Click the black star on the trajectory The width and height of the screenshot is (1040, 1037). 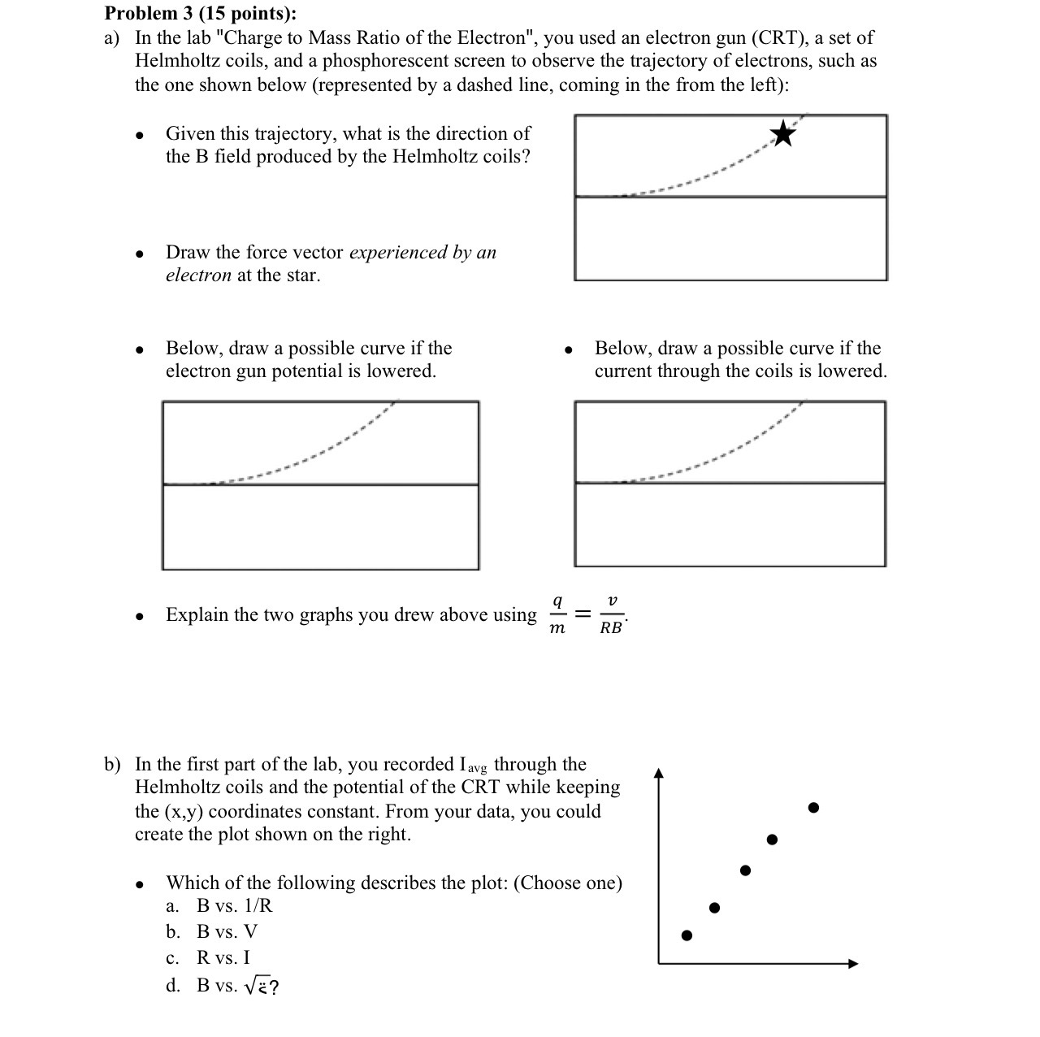click(783, 133)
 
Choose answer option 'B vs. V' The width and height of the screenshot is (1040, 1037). click(227, 932)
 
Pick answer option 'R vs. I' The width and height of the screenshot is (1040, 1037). click(223, 958)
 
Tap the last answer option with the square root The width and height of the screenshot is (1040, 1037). click(238, 987)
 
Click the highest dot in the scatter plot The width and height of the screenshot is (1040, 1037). click(813, 808)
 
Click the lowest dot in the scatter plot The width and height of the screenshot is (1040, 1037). click(687, 935)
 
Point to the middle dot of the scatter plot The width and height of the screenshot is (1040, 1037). click(746, 870)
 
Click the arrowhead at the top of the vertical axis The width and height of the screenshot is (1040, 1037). click(659, 774)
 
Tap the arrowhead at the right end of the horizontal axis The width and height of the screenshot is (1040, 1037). click(853, 964)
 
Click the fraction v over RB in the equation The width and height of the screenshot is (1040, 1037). click(611, 615)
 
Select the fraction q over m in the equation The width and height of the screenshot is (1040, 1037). click(557, 615)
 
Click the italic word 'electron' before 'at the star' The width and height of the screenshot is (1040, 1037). click(198, 276)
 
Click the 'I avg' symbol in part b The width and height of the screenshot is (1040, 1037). click(474, 766)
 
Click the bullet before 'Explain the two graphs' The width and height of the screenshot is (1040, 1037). click(141, 617)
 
